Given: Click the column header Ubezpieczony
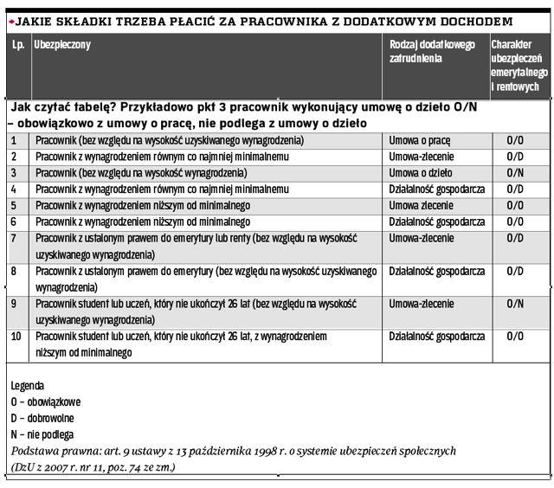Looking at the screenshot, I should point(62,45).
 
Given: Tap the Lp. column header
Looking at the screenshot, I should point(17,45).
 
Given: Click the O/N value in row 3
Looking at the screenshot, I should point(515,172).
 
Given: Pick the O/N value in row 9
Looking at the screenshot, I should point(515,304).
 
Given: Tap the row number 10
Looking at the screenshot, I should point(16,336).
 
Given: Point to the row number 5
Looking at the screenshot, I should point(14,205).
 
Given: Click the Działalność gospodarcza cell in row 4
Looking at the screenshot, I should point(437,189).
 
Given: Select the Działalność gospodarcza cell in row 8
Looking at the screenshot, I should point(437,271).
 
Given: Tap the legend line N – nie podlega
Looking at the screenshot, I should point(42,434).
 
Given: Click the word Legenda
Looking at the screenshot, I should point(27,385).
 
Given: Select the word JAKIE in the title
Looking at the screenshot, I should point(34,21).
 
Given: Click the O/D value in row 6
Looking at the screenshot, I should point(515,222).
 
